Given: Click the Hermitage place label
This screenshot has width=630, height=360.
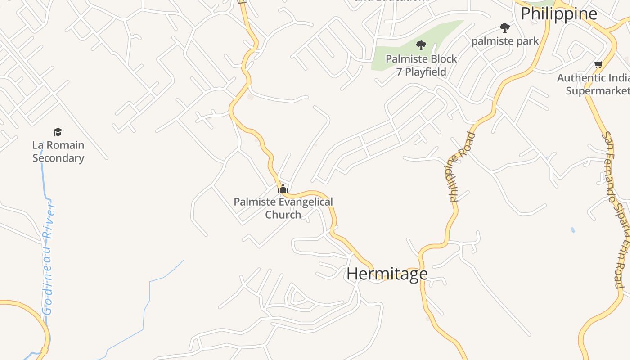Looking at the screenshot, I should (x=387, y=274).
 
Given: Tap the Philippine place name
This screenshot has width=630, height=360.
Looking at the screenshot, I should (x=559, y=13).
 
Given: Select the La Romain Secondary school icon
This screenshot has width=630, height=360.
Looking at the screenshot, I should (x=58, y=132).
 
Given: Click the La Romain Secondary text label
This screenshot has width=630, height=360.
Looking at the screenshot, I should (x=58, y=152).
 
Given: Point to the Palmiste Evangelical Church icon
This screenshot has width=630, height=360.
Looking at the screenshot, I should (x=283, y=188).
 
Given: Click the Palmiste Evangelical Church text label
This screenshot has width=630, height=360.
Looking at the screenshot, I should (x=283, y=208).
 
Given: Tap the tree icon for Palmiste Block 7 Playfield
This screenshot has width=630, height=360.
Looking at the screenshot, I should (x=421, y=45).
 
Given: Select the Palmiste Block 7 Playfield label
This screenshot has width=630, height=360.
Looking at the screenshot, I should (x=421, y=65).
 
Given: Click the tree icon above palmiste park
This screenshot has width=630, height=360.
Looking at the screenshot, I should (x=505, y=28).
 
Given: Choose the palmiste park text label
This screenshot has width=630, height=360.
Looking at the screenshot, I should (x=505, y=41).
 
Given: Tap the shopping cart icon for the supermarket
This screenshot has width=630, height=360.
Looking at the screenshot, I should (x=598, y=65).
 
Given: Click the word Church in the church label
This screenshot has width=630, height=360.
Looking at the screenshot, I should (x=283, y=215).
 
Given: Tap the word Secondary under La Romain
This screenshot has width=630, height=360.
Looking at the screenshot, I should (x=58, y=158).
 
